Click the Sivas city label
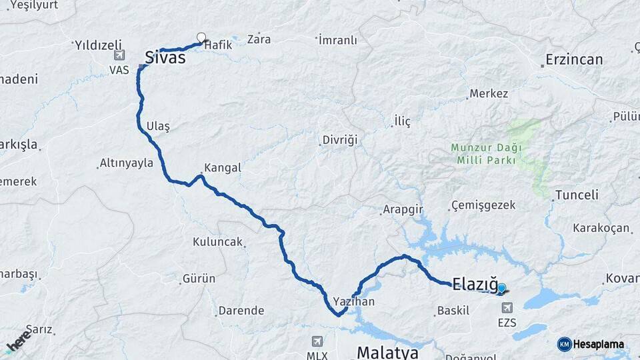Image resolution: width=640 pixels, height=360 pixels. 165,58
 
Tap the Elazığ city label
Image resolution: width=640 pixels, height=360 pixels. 475,285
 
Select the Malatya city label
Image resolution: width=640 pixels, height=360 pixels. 387,351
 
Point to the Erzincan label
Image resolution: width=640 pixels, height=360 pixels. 574,59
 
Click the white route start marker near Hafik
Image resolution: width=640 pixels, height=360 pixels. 201,37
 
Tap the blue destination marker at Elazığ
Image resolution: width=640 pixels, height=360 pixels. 501,289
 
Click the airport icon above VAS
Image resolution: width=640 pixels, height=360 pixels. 119,56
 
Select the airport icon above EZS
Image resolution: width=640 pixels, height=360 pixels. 507,308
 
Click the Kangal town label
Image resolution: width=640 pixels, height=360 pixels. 223,168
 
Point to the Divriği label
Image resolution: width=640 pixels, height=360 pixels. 340,141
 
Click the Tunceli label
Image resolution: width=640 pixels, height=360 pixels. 577,195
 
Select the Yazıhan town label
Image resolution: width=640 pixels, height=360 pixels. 354,301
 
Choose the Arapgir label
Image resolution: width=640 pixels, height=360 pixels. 403,210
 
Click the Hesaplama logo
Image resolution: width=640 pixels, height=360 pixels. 591,344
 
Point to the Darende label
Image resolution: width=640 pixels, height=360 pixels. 241,311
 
